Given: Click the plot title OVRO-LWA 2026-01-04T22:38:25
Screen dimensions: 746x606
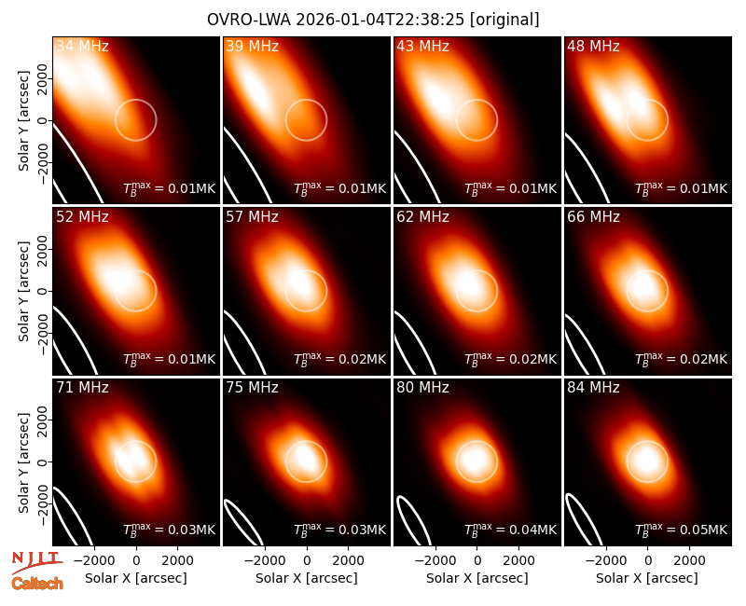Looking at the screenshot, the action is pos(336,20).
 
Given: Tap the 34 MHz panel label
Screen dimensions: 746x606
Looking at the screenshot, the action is pos(82,46).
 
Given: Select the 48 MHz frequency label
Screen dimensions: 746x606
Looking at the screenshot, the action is pos(593,46).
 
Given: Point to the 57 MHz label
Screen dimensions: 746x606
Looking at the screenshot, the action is pos(252,217).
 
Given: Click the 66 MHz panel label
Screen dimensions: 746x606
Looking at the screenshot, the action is pos(593,217).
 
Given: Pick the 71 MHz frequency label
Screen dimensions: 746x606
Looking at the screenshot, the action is pos(82,388).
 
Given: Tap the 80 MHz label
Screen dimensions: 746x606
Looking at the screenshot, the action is pos(422,388).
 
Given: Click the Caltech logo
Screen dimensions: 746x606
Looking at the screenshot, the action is pos(37,584).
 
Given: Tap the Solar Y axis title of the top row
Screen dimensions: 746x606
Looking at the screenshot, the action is pos(23,121).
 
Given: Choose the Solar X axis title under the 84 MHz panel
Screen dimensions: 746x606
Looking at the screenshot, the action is pos(647,578).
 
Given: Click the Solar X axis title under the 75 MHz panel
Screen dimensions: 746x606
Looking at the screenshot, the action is pos(307,578).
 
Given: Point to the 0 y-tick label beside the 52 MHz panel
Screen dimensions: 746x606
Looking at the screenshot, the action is pos(43,291).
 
